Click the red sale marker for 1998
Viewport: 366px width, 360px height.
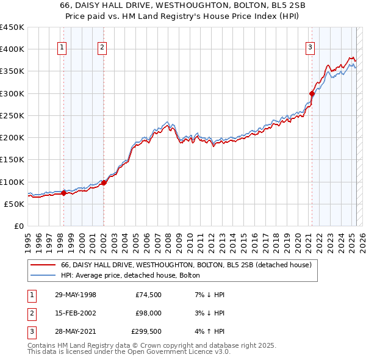63,193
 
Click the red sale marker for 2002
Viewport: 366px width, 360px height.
104,182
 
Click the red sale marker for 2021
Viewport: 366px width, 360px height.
312,93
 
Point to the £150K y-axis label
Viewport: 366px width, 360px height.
12,160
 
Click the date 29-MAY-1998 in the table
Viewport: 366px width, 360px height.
75,295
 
